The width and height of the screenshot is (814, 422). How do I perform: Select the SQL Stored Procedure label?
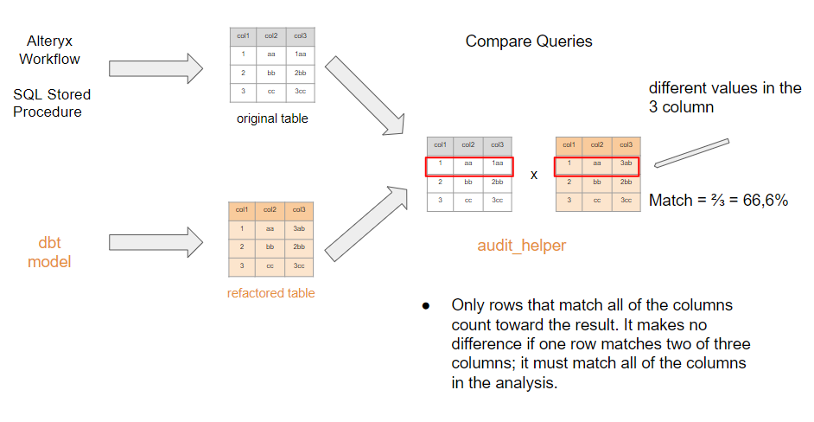52,103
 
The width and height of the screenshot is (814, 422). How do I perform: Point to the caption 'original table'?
272,118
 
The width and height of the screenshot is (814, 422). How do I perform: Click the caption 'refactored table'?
270,293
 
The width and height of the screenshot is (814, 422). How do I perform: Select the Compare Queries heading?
529,42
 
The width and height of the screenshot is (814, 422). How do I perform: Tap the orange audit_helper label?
521,246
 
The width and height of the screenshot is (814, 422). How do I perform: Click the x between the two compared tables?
534,175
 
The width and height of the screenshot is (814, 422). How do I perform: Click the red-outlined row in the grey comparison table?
469,164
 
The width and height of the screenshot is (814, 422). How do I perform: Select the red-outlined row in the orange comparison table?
597,164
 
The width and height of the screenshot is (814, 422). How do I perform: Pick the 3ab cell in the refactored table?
300,228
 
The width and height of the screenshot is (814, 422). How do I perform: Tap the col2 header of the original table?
271,35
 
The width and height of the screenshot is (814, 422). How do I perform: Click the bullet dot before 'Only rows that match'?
426,306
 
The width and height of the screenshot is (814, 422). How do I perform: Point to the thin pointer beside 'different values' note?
691,152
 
